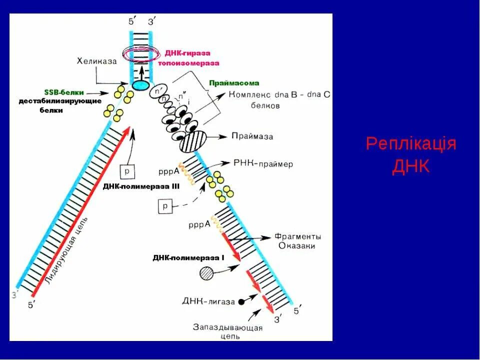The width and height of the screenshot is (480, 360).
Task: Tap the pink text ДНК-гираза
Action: (x=188, y=53)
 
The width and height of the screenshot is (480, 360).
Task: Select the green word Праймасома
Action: (x=234, y=83)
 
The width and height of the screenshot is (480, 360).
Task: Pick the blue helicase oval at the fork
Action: (x=141, y=85)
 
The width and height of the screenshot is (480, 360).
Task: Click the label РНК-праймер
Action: (x=263, y=163)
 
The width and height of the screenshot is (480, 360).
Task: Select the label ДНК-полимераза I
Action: (x=189, y=258)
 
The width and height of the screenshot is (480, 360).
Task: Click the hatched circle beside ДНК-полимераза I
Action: (x=206, y=272)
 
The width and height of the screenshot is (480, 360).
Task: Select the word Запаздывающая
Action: (x=227, y=327)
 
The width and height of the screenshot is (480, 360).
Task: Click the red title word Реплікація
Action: (x=411, y=144)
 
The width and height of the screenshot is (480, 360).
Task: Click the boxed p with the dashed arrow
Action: (x=164, y=205)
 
